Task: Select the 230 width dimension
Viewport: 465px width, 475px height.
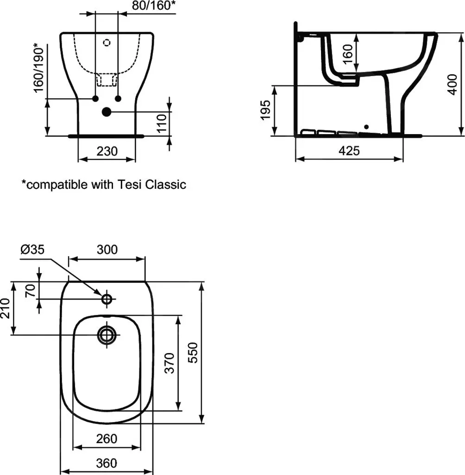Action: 107,151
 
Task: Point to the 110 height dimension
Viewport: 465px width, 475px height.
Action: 161,124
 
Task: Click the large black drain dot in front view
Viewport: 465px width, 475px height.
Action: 107,112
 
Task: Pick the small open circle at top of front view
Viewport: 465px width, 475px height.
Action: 107,43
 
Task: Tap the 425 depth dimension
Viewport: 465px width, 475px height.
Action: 349,151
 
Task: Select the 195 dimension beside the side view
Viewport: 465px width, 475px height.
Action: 265,110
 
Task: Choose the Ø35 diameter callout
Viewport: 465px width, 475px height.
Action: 32,250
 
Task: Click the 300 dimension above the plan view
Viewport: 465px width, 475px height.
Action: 107,250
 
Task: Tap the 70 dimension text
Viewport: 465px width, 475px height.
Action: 29,290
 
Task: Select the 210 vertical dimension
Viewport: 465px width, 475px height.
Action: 6,308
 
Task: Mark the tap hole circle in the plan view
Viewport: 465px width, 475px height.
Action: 107,299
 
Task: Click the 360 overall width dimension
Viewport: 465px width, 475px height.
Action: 107,462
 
